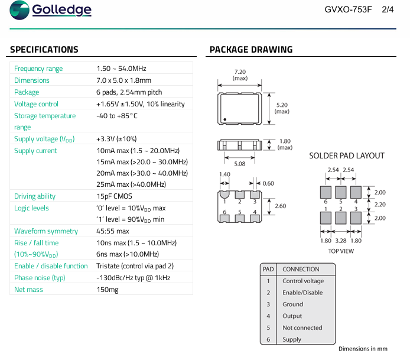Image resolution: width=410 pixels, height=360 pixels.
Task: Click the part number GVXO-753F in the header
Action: coord(349,9)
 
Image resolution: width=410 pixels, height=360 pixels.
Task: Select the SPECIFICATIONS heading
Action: coord(44,50)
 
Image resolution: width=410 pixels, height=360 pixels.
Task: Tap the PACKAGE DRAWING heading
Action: coord(251,50)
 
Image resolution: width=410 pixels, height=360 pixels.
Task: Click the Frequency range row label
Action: coord(38,69)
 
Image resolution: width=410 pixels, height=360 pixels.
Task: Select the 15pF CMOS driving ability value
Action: coord(114,196)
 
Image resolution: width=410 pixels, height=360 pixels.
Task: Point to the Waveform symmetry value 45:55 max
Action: coord(112,231)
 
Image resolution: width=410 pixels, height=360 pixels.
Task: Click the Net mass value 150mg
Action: coord(107,290)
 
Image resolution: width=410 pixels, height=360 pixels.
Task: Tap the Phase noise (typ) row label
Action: coord(40,278)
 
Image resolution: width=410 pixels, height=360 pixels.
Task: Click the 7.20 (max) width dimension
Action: coord(240,74)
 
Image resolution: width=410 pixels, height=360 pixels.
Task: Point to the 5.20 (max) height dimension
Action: coord(282,108)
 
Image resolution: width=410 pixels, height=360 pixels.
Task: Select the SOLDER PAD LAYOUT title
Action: coord(347,156)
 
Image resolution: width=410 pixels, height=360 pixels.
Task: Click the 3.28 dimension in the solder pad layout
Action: coord(341,241)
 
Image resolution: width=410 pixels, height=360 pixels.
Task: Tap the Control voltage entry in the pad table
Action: coord(303,281)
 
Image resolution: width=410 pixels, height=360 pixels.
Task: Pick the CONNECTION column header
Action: coord(301,270)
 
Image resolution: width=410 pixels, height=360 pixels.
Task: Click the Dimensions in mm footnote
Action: coord(363,349)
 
